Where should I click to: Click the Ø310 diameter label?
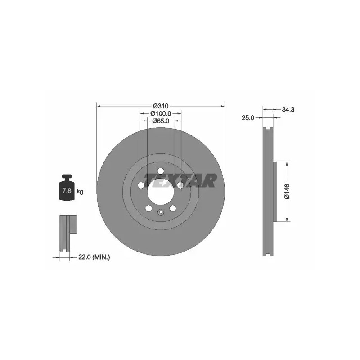click(x=161, y=106)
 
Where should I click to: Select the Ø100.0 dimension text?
click(x=161, y=113)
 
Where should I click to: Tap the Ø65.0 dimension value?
click(x=161, y=121)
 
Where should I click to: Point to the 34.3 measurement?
click(x=288, y=109)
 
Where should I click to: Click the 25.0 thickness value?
click(x=248, y=118)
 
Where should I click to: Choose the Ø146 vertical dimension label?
click(x=287, y=192)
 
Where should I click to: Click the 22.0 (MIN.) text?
click(x=94, y=257)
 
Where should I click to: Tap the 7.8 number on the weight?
click(x=67, y=190)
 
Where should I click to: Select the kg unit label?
click(x=80, y=191)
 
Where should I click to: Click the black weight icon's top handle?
click(x=67, y=177)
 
